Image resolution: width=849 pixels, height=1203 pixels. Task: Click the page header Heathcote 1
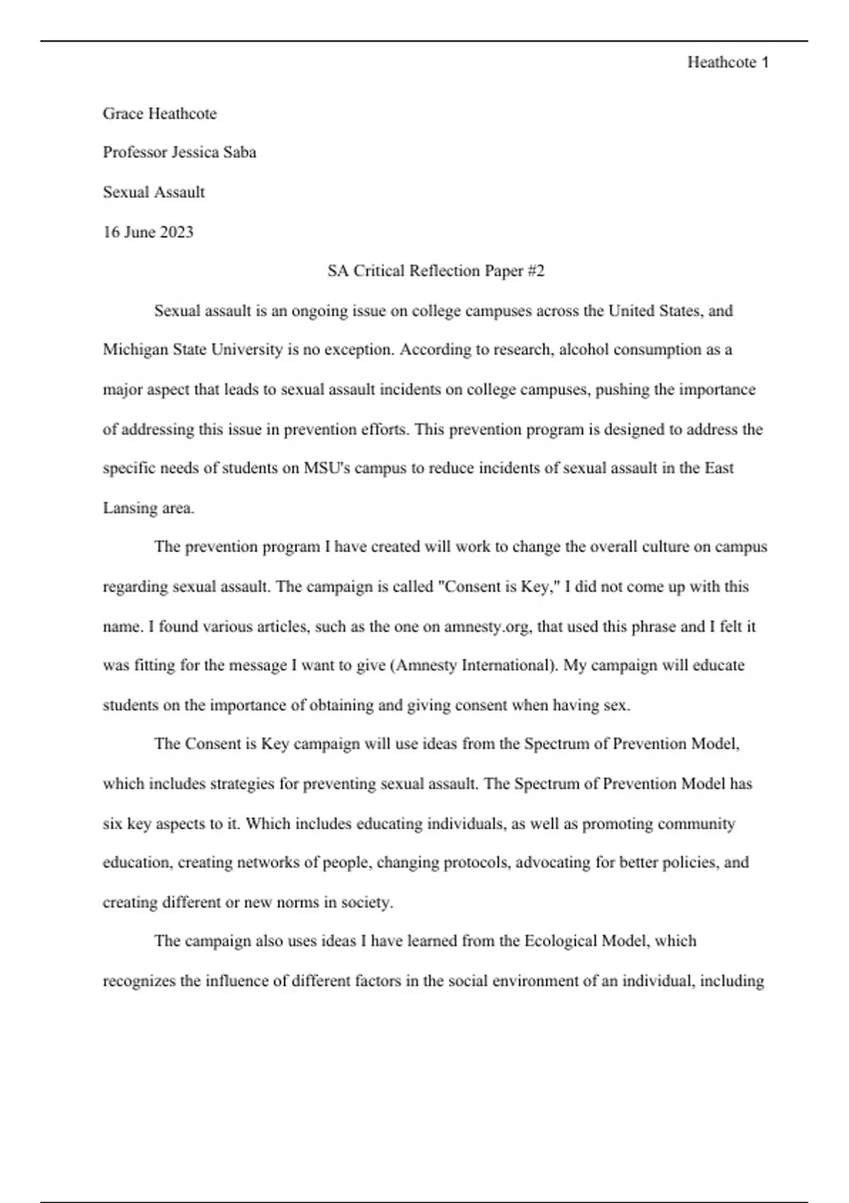[x=727, y=62]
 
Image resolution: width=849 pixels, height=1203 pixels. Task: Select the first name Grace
[x=123, y=113]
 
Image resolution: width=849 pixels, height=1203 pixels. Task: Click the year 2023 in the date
[x=176, y=232]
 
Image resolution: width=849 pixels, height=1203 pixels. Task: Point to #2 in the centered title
[x=536, y=270]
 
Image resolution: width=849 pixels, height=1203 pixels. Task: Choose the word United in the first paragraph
[x=631, y=311]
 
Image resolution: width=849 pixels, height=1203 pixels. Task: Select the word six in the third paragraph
[x=112, y=824]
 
